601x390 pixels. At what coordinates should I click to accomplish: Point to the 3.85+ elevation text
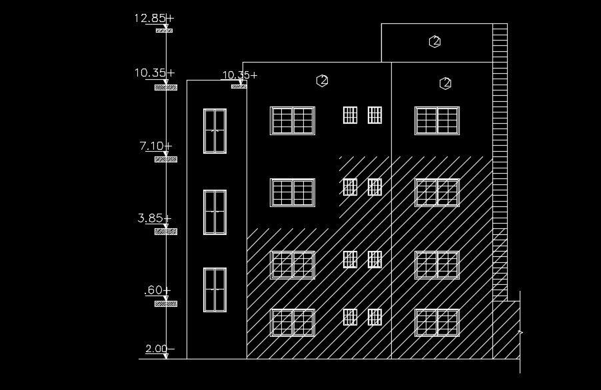[x=154, y=218]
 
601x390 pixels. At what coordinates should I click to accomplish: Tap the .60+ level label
[x=157, y=291]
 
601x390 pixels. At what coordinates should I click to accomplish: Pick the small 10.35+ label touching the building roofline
[x=239, y=75]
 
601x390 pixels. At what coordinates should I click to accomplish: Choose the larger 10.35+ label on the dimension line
[x=154, y=73]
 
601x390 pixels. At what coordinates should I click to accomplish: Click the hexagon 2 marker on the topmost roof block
[x=435, y=41]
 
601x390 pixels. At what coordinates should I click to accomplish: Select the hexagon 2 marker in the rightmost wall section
[x=446, y=83]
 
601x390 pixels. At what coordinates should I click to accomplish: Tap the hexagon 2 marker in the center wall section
[x=322, y=81]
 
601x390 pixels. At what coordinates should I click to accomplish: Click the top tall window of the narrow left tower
[x=215, y=131]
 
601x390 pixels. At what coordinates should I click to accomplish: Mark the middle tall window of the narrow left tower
[x=215, y=212]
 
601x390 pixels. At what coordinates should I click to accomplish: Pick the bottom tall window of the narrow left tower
[x=215, y=290]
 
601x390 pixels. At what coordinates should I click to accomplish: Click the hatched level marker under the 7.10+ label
[x=165, y=160]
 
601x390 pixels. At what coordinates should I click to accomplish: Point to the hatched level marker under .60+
[x=165, y=304]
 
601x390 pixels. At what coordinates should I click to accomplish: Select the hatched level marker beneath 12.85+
[x=164, y=31]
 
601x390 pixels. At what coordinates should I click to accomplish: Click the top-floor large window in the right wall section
[x=437, y=120]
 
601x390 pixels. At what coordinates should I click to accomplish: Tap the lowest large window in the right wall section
[x=437, y=323]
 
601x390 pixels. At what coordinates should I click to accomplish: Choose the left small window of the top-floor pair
[x=350, y=115]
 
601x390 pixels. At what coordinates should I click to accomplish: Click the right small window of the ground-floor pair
[x=374, y=317]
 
